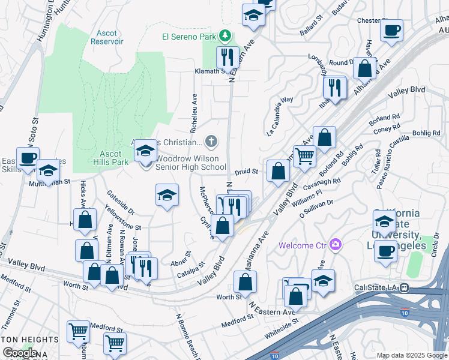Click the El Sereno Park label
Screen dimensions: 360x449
(188, 37)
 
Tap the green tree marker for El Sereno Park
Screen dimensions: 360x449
(224, 37)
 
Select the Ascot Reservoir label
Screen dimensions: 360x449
(107, 37)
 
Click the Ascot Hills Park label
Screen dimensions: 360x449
(111, 157)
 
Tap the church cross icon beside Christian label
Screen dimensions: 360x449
(211, 142)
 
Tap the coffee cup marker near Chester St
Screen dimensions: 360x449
(391, 29)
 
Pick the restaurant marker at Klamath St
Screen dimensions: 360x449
(227, 57)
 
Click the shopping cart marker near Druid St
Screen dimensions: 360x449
(304, 156)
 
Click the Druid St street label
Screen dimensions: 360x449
(246, 172)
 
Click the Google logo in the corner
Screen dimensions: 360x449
(20, 353)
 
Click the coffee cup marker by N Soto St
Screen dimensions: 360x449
(28, 158)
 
